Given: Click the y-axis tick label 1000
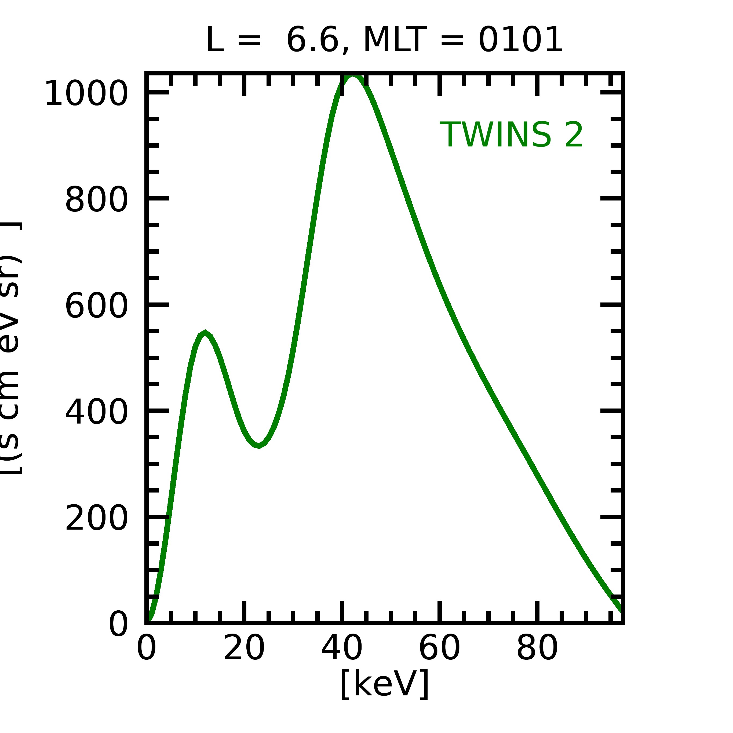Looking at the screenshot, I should tap(86, 94).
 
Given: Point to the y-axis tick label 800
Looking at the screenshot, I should tap(96, 200).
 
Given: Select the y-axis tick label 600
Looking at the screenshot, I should tap(96, 306).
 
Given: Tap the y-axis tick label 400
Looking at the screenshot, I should tap(96, 413).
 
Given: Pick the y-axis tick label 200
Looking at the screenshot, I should tap(96, 519).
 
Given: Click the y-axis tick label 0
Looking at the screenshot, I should tap(118, 625).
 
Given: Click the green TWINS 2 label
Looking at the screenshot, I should tap(511, 135).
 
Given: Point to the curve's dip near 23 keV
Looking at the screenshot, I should tap(259, 446).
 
